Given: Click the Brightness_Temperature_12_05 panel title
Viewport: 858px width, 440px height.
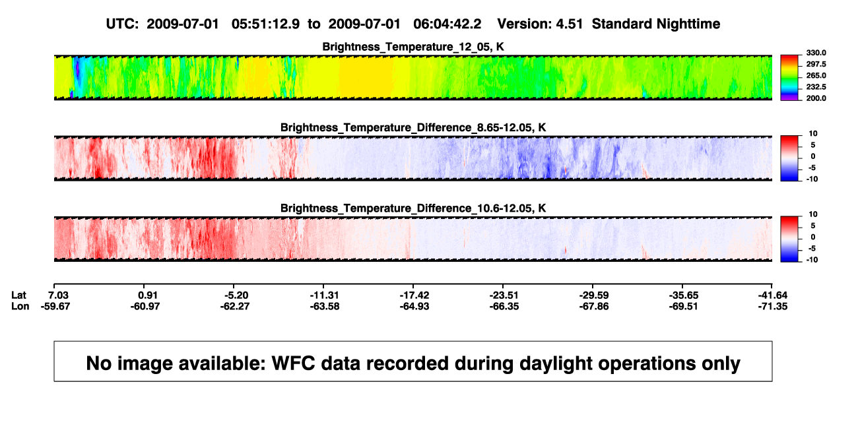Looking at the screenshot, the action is [x=413, y=47].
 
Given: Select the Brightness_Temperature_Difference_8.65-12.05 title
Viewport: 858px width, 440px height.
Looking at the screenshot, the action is [x=413, y=127].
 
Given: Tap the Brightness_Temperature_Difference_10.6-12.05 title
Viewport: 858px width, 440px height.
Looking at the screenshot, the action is [x=413, y=208].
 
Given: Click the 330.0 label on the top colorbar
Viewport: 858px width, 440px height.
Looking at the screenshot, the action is [x=816, y=53].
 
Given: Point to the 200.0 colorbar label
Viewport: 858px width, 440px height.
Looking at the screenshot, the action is [x=816, y=98].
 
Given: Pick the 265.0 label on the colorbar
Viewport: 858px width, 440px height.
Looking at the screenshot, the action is [x=816, y=75].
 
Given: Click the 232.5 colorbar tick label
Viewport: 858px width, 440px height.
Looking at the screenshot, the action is [x=816, y=87].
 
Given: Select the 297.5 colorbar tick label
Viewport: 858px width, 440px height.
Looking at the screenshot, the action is [x=816, y=64].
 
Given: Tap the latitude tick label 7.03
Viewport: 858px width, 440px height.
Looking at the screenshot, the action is [x=58, y=296].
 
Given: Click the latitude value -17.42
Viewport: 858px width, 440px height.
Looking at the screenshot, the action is [x=414, y=296].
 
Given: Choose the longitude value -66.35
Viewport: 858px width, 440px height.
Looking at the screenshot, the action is [x=504, y=306].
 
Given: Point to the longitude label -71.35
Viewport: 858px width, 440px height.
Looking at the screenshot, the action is [x=773, y=306].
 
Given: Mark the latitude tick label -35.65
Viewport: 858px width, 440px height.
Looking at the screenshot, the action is [x=684, y=296].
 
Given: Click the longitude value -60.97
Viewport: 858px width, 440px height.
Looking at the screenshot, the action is [x=145, y=306].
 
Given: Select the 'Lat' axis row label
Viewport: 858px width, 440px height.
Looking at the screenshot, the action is [x=18, y=296].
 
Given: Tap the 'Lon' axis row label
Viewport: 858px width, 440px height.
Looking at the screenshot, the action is [x=20, y=306].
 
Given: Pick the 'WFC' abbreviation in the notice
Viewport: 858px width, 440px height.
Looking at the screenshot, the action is [x=293, y=363].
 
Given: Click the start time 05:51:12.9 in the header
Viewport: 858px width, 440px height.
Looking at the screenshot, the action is [x=265, y=24].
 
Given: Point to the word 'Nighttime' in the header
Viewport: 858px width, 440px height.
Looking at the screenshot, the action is [x=688, y=24].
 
